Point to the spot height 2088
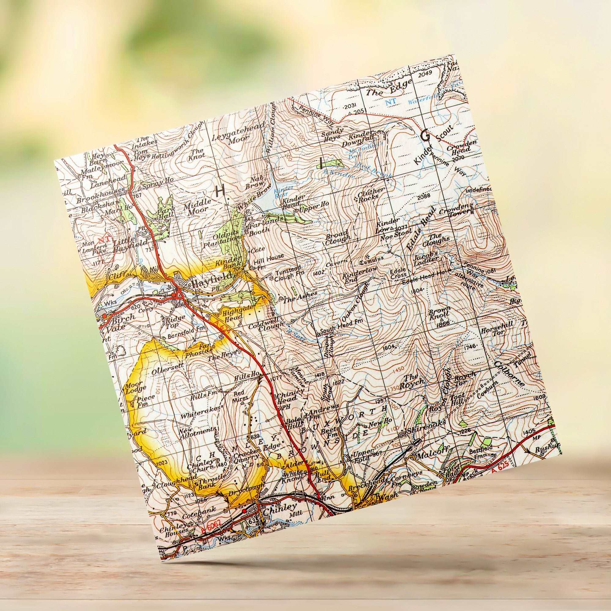pos(424,197)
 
